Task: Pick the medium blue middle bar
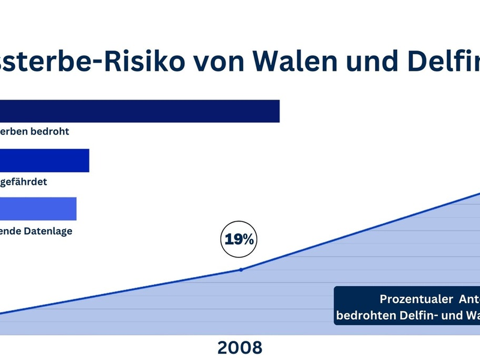click(44, 161)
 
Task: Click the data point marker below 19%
click(241, 269)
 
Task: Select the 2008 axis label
click(240, 347)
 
